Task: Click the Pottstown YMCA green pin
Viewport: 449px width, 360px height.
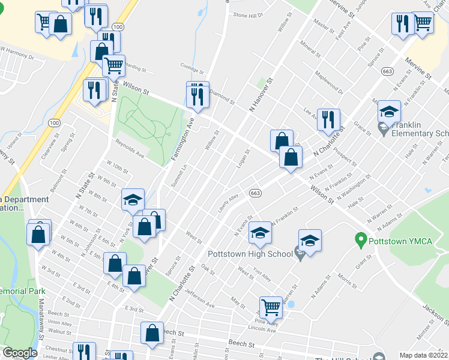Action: (x=361, y=241)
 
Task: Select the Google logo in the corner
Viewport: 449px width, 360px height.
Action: (x=20, y=353)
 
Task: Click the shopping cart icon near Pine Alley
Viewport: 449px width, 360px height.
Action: (x=271, y=307)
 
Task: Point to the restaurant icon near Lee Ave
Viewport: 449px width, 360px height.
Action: (x=328, y=119)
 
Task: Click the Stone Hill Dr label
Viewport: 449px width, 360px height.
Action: (x=249, y=15)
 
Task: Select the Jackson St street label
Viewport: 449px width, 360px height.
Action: (x=436, y=313)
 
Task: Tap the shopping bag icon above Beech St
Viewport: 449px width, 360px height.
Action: (x=152, y=333)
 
